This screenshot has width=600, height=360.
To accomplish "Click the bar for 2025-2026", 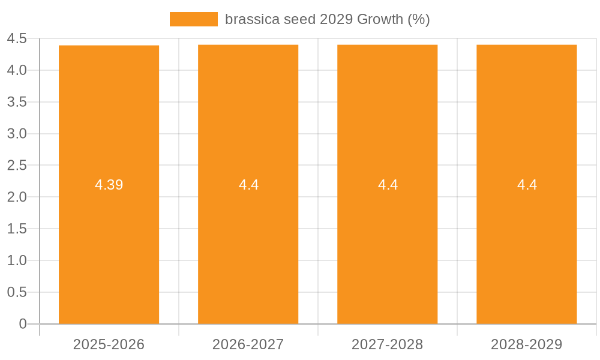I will point(109,252).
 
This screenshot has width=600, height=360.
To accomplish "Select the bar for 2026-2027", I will point(248,252).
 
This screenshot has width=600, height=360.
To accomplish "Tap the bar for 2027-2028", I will point(387,252).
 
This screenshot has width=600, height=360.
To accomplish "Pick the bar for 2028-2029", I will point(526,252).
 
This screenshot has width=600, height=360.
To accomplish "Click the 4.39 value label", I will point(109,185).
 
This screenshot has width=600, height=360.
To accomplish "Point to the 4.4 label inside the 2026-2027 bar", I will point(248,185).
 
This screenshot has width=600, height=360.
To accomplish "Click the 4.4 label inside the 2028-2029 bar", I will point(527,185).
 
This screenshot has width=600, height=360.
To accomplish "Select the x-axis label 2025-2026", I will point(109,344).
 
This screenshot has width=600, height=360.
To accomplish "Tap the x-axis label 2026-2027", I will point(248,344).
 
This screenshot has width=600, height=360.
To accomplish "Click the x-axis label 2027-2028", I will point(387,344).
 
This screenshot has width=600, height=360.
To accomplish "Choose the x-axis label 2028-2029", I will point(526,344).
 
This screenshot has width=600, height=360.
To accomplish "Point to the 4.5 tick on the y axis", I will point(17,39).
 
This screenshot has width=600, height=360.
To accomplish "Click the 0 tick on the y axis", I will point(23,324).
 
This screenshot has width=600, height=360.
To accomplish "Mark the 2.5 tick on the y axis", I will point(17,166).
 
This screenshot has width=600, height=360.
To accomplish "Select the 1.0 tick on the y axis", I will point(17,260).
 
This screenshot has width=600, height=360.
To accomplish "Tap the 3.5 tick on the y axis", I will point(17,102).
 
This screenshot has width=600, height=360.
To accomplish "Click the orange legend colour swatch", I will point(193,19).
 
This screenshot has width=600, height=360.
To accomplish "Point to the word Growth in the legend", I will point(380,19).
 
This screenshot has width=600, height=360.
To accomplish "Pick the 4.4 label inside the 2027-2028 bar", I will point(388,185).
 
